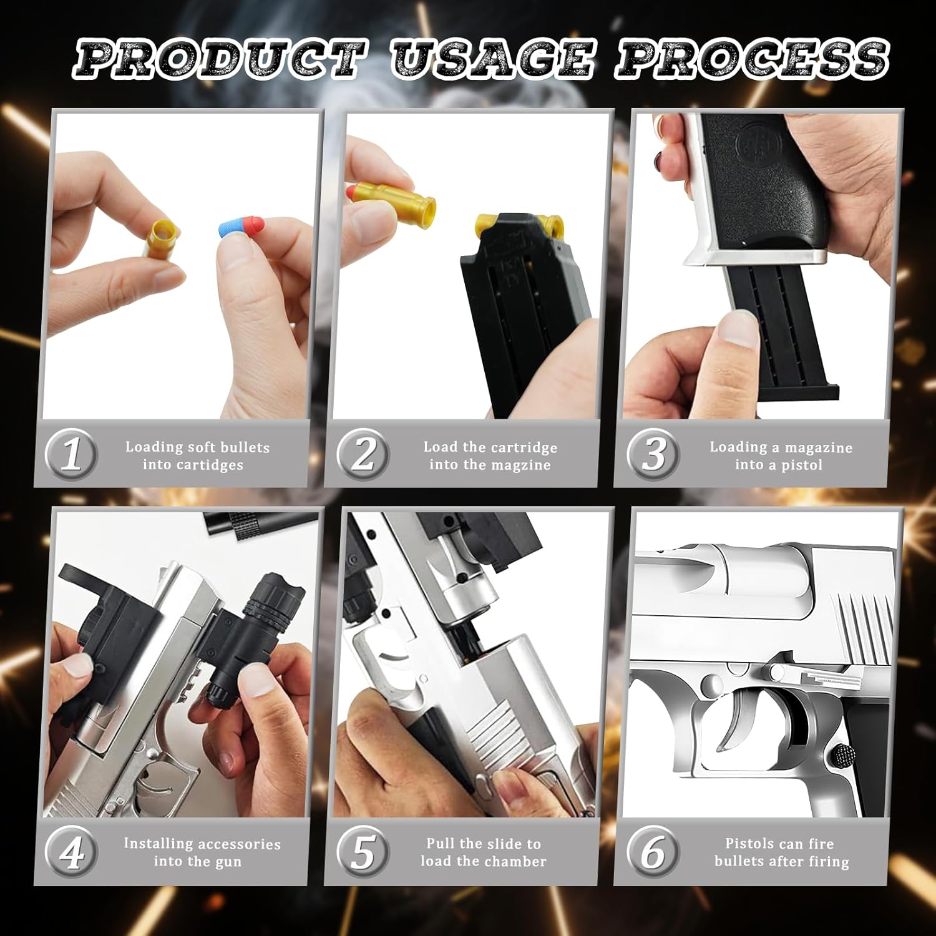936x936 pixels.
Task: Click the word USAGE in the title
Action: pyautogui.click(x=493, y=59)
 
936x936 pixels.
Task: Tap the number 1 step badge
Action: pyautogui.click(x=71, y=455)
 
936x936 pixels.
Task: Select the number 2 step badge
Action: pyautogui.click(x=363, y=455)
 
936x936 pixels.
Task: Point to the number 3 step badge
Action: pyautogui.click(x=653, y=455)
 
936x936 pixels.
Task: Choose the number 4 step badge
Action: pyautogui.click(x=71, y=852)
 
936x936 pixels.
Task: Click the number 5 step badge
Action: pyautogui.click(x=363, y=852)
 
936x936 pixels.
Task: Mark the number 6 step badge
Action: pyautogui.click(x=653, y=852)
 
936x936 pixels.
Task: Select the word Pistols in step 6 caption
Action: pyautogui.click(x=749, y=844)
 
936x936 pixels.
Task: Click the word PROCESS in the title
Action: pyautogui.click(x=752, y=59)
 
